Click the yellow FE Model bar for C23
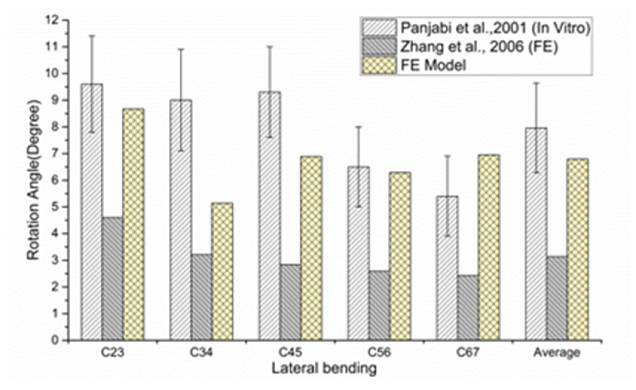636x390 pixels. [x=134, y=224]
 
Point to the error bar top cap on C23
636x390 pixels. [x=92, y=36]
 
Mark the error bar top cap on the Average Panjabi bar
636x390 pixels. [x=536, y=82]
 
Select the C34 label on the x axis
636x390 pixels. [x=201, y=353]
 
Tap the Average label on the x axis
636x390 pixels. [x=557, y=353]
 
